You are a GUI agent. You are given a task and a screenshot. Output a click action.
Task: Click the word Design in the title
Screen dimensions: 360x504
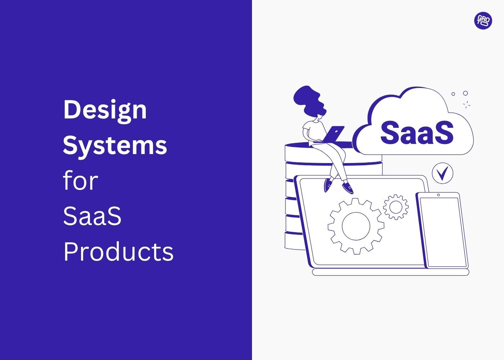tap(105, 110)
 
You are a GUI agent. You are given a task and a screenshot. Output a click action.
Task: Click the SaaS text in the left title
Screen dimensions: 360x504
tap(92, 216)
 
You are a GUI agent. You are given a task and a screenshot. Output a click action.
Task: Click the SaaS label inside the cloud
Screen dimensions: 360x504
tap(417, 132)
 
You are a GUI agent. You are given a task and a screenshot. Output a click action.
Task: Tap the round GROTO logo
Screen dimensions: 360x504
tap(483, 21)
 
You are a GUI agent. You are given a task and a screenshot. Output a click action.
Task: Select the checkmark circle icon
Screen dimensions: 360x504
tap(442, 173)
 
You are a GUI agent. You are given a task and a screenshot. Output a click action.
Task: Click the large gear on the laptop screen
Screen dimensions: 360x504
tap(356, 226)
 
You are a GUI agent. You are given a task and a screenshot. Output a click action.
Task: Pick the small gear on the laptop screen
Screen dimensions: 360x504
tap(396, 207)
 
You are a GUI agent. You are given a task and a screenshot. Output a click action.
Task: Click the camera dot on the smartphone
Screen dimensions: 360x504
tap(438, 195)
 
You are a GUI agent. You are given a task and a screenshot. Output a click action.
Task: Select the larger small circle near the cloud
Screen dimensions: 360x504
tap(465, 93)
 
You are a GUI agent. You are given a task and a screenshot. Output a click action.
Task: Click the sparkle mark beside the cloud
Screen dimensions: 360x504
tap(467, 105)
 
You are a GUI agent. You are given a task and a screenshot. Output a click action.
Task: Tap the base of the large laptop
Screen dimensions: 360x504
tap(390, 272)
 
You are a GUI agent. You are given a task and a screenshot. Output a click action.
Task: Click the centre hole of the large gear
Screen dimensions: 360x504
tap(356, 226)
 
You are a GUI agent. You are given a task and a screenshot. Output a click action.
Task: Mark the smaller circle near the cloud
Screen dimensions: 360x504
tap(453, 94)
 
